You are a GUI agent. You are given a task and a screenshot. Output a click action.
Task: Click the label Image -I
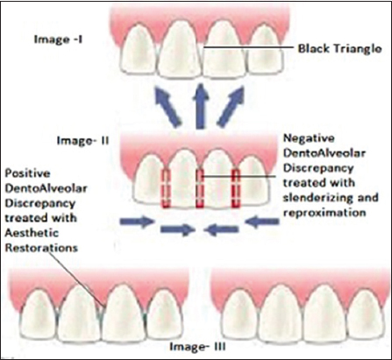point(59,39)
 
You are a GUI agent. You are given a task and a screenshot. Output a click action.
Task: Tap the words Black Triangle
point(339,48)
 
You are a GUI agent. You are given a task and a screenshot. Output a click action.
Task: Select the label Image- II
point(82,141)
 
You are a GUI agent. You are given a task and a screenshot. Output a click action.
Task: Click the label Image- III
point(197,347)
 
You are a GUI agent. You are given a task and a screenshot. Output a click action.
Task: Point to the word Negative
point(309,138)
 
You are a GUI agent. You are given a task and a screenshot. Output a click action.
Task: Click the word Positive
point(27,173)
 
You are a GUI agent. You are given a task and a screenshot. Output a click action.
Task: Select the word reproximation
point(324,213)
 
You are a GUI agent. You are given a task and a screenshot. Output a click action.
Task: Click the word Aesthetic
point(32,233)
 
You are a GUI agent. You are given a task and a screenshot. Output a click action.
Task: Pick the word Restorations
point(41,248)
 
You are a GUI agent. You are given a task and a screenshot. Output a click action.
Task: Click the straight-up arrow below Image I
point(200,106)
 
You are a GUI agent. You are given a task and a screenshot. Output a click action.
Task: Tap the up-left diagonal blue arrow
point(168,107)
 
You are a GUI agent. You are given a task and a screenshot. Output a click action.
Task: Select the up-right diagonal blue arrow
point(232,107)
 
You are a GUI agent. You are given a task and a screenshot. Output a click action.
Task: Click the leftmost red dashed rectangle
point(166,188)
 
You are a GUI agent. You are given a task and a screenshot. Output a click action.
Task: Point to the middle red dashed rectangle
point(200,188)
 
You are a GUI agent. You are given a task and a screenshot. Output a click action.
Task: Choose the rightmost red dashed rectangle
point(236,188)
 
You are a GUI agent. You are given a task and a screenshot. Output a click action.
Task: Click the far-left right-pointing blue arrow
point(137,222)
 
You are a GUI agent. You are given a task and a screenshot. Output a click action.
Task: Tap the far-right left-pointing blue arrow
point(262,222)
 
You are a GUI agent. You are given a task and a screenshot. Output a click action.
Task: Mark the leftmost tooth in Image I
point(139,49)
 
